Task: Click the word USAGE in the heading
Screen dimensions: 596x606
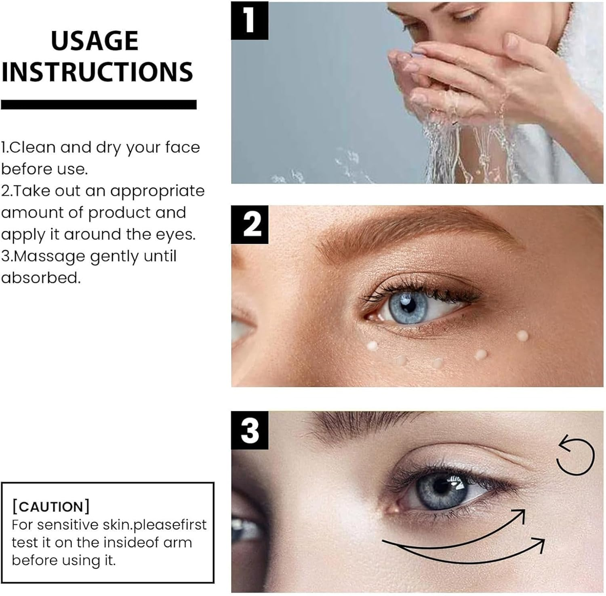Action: tap(95, 41)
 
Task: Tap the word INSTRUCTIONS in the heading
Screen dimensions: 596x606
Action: tap(97, 72)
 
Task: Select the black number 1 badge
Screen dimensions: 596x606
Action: tap(249, 20)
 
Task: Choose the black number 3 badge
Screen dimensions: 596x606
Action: tap(250, 430)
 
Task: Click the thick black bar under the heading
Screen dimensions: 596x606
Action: tap(99, 105)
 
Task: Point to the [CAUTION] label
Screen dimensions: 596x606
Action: tap(51, 506)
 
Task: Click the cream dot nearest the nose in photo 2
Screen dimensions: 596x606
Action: tap(372, 345)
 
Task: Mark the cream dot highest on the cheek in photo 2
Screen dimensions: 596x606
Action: tap(522, 335)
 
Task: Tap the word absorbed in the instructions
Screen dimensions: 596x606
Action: tap(40, 278)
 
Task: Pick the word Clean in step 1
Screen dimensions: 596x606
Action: tap(32, 148)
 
